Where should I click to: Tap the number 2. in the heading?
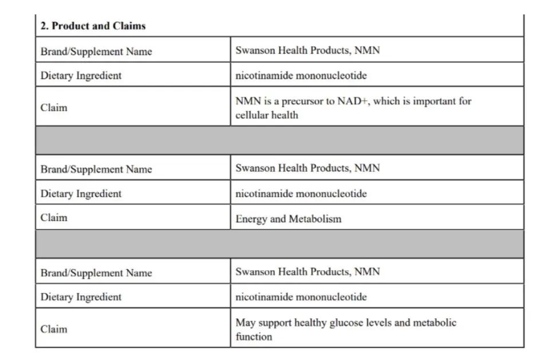[x=44, y=26]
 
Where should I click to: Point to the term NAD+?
[x=348, y=101]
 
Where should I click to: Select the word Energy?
[x=251, y=219]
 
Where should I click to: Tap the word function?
[x=253, y=337]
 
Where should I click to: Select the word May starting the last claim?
[x=245, y=323]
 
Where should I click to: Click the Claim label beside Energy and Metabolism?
[x=53, y=218]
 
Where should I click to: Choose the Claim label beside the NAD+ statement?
[x=53, y=108]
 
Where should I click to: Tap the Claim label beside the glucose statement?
[x=53, y=329]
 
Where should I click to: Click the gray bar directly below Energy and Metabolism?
[x=279, y=244]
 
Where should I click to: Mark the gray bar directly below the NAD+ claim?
[x=279, y=141]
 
